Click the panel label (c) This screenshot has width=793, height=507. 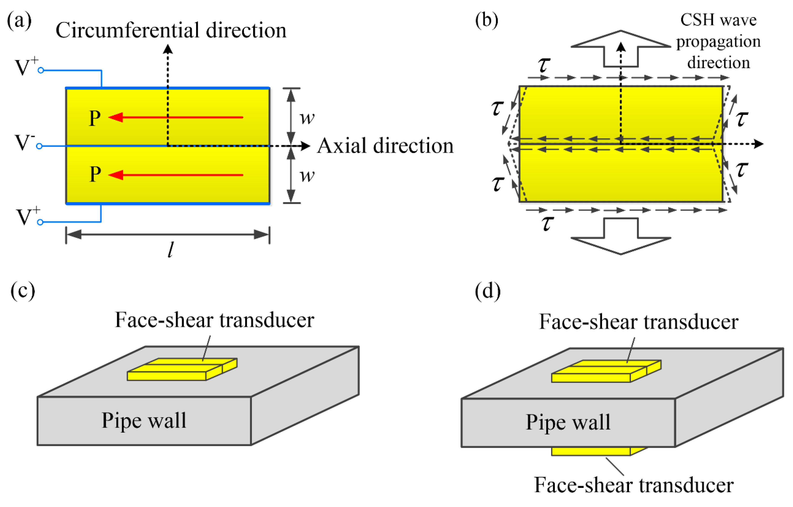tap(22, 291)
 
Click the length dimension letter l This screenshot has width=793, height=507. tap(170, 250)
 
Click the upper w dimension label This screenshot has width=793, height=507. tap(307, 118)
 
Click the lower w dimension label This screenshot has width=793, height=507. tap(307, 175)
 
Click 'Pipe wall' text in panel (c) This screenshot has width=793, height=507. tap(144, 420)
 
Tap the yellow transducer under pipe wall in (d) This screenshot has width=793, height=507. tap(591, 451)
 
